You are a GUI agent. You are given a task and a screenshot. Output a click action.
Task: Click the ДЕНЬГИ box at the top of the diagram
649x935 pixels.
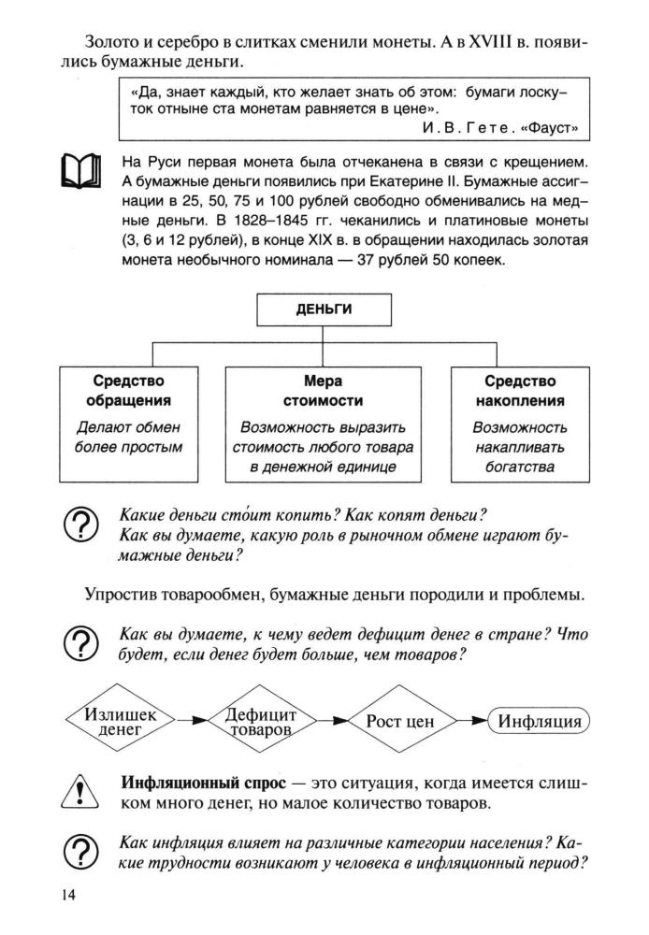[x=324, y=311]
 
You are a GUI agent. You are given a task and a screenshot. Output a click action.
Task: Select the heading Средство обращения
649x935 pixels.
[x=128, y=391]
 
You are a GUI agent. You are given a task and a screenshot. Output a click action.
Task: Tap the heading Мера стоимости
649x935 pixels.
[x=324, y=391]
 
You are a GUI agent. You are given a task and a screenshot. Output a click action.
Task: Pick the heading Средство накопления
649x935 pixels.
[x=520, y=391]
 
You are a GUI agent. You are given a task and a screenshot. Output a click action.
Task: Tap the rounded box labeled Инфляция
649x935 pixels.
[x=540, y=722]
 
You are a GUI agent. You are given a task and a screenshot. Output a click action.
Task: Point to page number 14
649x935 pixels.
[x=68, y=896]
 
